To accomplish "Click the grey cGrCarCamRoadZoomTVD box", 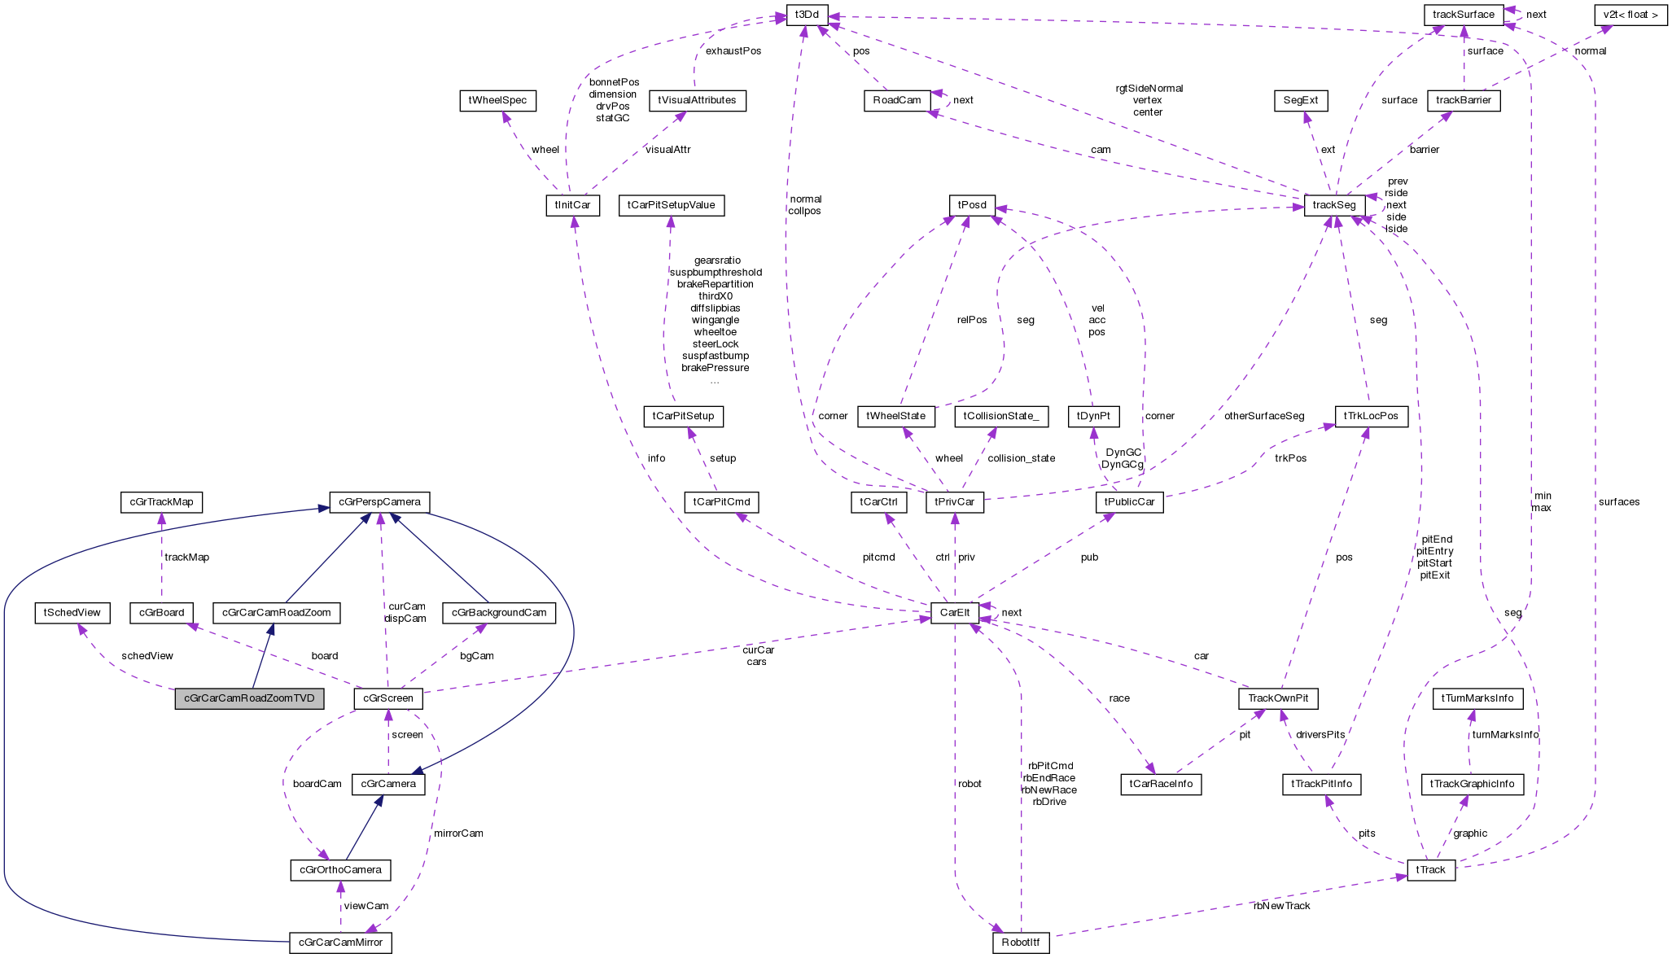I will (249, 698).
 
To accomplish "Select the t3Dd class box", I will (807, 14).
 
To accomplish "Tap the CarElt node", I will (954, 613).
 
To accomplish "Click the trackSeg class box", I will (1333, 205).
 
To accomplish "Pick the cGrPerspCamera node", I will (379, 502).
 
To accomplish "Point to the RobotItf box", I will (1021, 943).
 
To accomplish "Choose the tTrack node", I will (1430, 870).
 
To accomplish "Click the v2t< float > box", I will (1631, 14).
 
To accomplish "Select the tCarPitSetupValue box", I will (671, 205).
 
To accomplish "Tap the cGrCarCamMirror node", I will (340, 943).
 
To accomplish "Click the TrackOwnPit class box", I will (1278, 698).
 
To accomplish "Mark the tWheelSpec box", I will (497, 100).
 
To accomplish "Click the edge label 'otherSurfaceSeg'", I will (1263, 416).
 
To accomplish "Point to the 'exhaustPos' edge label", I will (733, 50).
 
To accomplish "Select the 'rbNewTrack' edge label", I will (1281, 906).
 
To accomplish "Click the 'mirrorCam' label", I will (458, 833).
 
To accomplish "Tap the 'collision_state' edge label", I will (1021, 458).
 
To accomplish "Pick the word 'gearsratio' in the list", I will (717, 260).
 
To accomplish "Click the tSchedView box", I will (72, 613).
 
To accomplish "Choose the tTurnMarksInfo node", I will (1477, 698).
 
